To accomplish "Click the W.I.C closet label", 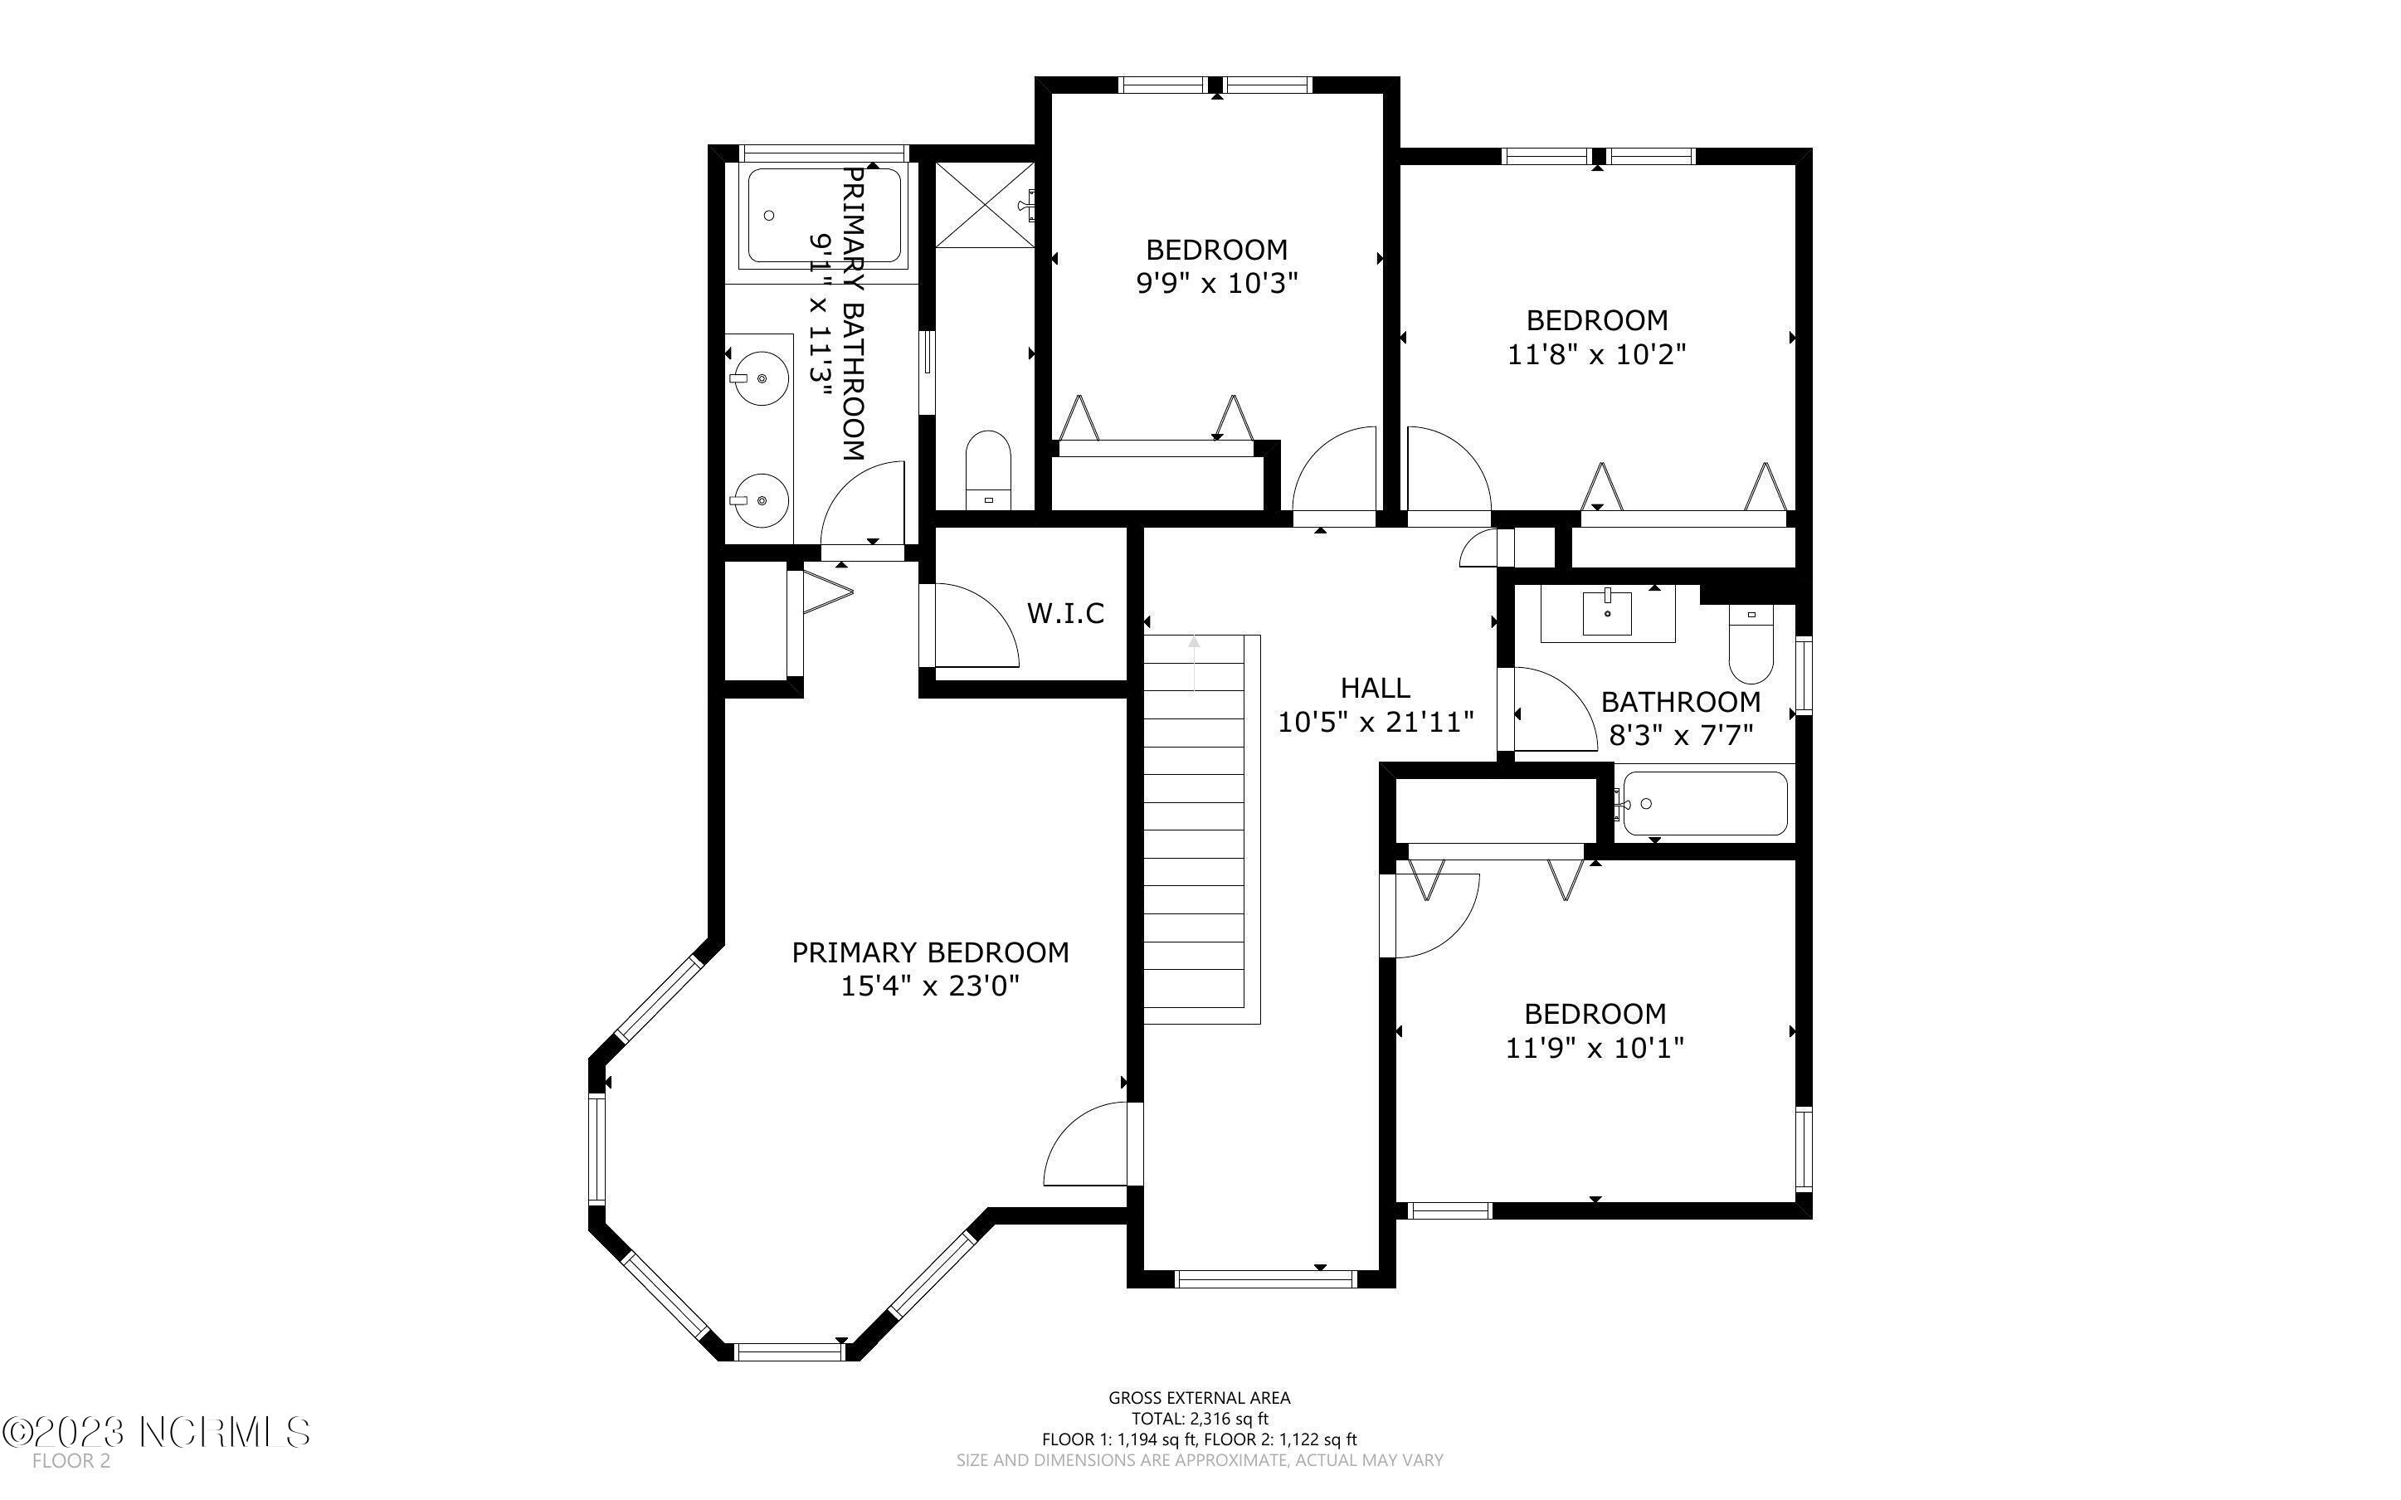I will [1065, 613].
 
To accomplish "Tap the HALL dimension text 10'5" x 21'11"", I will [1375, 723].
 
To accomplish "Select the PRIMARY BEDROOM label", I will [929, 952].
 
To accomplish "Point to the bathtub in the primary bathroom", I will [823, 215].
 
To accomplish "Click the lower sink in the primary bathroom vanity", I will [761, 501].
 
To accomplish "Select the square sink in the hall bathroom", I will [1607, 612].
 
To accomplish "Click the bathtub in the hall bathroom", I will [1704, 804].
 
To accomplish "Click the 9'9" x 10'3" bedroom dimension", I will [1216, 284].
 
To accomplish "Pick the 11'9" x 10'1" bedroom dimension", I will [1594, 1048].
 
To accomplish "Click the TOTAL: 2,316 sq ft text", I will [1199, 1419].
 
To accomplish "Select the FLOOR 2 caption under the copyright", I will [71, 1460].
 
